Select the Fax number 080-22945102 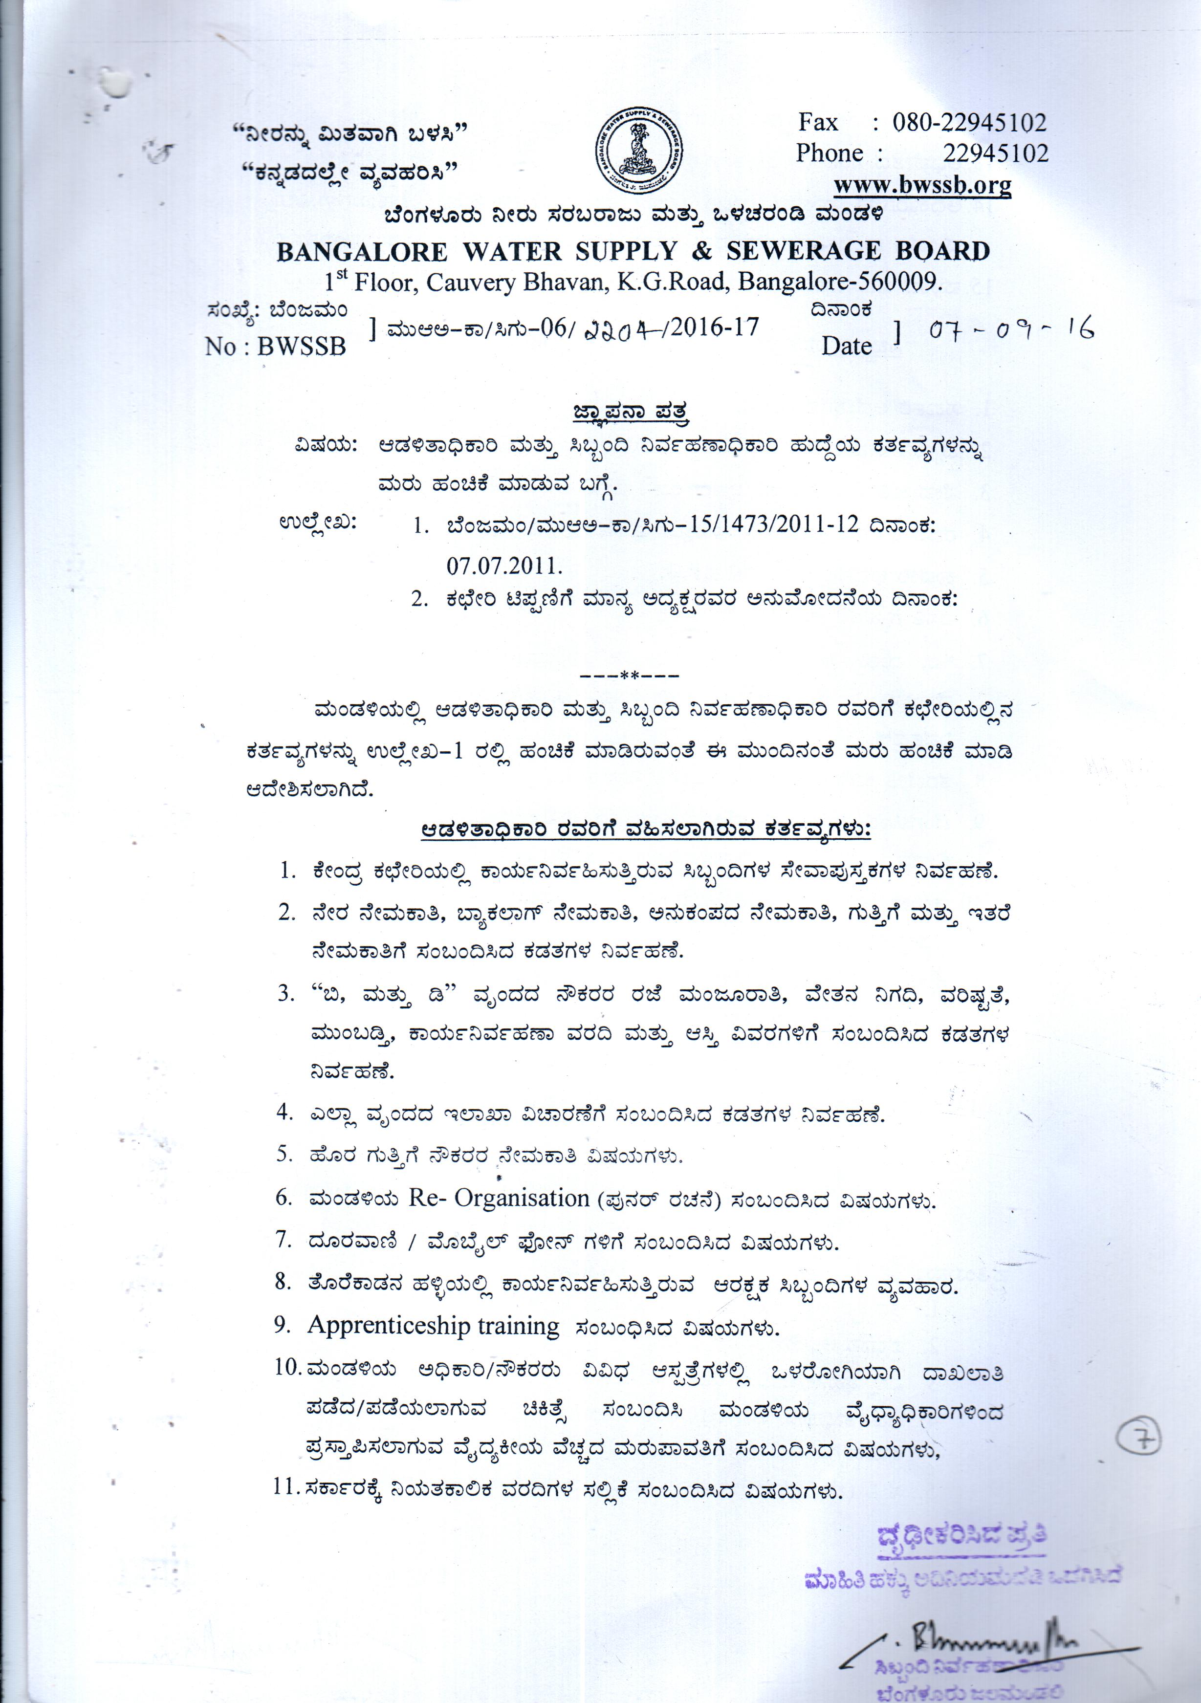969,122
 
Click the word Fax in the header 817,122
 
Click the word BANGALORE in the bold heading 362,252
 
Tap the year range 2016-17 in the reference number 715,327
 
